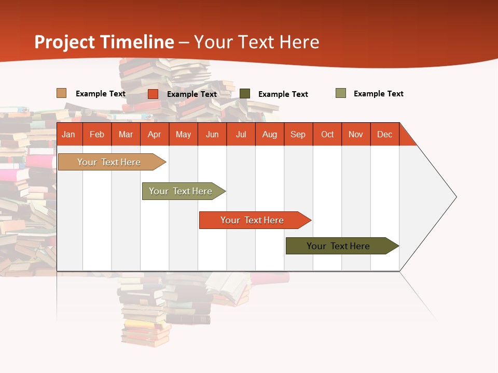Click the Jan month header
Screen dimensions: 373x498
(x=69, y=134)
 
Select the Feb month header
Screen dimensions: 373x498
(x=97, y=134)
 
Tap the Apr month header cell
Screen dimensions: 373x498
(x=155, y=134)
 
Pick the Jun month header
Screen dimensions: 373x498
(x=212, y=134)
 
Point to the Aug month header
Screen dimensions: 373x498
(x=270, y=134)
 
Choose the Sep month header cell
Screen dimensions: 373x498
(x=298, y=134)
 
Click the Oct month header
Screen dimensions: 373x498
(x=327, y=134)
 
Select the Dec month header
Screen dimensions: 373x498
(x=385, y=134)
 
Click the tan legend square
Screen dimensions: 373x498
(x=62, y=93)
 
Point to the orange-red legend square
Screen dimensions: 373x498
(x=153, y=94)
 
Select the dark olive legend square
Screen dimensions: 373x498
(x=245, y=94)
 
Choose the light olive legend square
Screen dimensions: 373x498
(x=341, y=93)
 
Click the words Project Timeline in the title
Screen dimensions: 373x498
(x=104, y=42)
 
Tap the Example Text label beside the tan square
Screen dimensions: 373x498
(x=101, y=94)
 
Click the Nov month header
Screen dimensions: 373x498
(x=356, y=134)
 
